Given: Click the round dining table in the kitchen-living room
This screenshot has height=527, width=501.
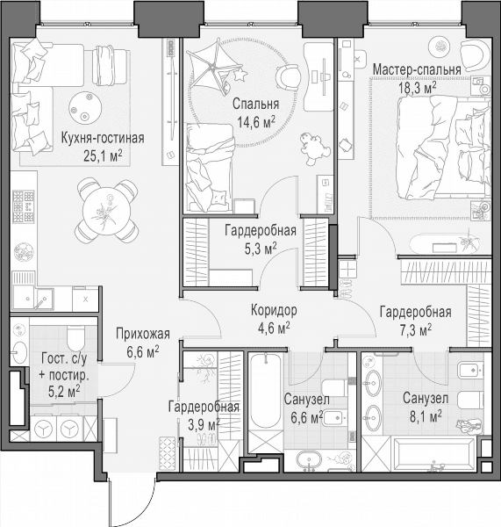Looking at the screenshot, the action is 106,211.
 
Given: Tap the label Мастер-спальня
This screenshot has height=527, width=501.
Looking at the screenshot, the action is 417,70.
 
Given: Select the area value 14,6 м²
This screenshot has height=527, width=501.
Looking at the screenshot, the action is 256,122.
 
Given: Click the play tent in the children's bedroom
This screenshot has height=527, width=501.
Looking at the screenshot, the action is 216,68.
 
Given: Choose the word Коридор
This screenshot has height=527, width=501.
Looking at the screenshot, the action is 274,311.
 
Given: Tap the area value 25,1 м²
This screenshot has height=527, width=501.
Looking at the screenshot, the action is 103,156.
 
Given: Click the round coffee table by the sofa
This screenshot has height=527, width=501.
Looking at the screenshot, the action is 85,107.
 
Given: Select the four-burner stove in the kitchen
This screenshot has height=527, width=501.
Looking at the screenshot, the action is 23,206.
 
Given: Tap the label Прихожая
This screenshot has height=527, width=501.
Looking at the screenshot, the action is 143,334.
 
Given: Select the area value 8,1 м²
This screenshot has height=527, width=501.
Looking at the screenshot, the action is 426,417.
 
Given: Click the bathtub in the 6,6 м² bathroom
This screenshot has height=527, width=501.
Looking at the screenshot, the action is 266,391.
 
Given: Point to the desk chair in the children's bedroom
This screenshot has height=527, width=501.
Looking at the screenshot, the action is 288,76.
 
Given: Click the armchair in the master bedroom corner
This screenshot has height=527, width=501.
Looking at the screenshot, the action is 474,55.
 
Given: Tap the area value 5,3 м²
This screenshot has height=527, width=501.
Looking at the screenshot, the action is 261,249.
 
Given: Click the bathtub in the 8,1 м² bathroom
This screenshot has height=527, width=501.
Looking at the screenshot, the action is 434,453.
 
